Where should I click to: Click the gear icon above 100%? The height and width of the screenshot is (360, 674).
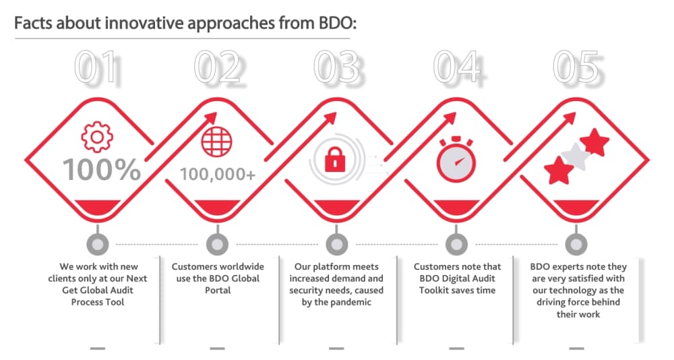[97, 137]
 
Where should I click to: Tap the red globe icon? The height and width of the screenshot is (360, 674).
[216, 142]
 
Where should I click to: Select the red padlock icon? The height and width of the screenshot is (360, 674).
[335, 160]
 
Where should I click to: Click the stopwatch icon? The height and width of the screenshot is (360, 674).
[456, 159]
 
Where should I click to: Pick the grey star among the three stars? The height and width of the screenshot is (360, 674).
[576, 156]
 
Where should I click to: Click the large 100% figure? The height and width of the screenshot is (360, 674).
[102, 169]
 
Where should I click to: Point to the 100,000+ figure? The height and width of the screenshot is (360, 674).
[218, 174]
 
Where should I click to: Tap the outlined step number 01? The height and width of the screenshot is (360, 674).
[96, 67]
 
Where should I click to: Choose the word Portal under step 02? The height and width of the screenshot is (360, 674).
[218, 291]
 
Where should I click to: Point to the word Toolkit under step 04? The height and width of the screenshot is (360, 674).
[434, 291]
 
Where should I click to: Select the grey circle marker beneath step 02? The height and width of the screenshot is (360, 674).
[217, 244]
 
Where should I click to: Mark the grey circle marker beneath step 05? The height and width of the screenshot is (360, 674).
[576, 244]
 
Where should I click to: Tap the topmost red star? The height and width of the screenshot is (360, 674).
[594, 142]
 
